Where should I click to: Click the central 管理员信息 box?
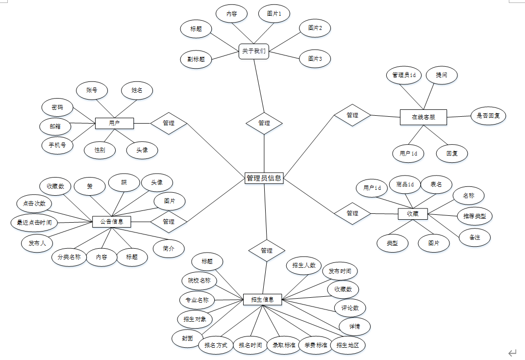264,178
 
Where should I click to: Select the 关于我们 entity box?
254,51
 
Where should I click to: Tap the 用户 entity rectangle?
114,123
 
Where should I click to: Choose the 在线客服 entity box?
423,117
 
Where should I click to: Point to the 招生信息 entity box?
263,299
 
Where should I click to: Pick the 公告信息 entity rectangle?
112,222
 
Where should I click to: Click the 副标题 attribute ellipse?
196,59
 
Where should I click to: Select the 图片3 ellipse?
315,59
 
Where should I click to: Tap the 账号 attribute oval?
92,90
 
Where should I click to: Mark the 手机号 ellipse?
57,145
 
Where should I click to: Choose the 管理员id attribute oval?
404,75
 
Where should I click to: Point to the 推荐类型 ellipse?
475,215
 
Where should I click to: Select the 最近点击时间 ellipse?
34,223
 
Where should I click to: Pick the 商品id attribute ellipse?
405,184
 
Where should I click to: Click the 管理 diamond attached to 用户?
169,123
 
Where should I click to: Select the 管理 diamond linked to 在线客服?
352,115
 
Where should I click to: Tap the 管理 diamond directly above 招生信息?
267,250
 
